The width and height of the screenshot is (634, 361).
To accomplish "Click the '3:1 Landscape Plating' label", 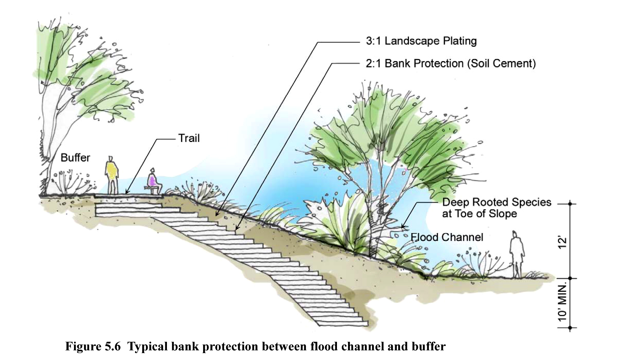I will [421, 41].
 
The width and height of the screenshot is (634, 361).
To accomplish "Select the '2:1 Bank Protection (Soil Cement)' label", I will [451, 64].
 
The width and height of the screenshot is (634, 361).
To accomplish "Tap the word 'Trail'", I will [189, 138].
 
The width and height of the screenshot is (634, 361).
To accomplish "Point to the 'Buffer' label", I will [75, 158].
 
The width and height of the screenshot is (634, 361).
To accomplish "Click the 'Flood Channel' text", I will [447, 237].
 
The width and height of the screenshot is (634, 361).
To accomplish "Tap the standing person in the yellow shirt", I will [112, 175].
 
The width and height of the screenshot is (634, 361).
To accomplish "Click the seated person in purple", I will [152, 180].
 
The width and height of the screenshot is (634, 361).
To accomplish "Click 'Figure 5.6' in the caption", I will [93, 346].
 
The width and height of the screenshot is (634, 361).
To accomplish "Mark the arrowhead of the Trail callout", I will [126, 193].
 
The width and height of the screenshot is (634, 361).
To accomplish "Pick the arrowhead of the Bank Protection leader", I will [236, 229].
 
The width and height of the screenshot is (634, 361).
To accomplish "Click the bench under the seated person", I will [152, 188].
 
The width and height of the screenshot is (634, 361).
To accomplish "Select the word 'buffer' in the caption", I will [429, 346].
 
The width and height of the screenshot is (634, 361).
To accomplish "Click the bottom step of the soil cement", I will [342, 324].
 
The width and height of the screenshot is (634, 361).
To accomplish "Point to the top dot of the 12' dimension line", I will [570, 204].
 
